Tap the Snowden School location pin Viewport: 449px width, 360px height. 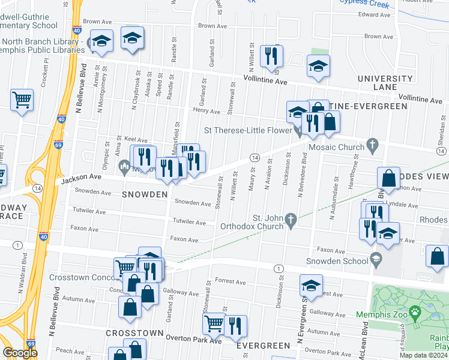pyautogui.click(x=376, y=260)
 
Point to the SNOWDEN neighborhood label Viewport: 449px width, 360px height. pyautogui.click(x=145, y=195)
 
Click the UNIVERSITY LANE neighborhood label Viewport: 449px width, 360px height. pyautogui.click(x=385, y=83)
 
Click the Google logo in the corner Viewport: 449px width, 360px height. pyautogui.click(x=19, y=353)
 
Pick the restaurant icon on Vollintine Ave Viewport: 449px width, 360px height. pyautogui.click(x=271, y=56)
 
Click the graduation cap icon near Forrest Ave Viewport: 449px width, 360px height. pyautogui.click(x=311, y=285)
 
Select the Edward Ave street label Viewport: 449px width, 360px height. pyautogui.click(x=378, y=14)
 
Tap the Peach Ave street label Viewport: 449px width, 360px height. pyautogui.click(x=66, y=350)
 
